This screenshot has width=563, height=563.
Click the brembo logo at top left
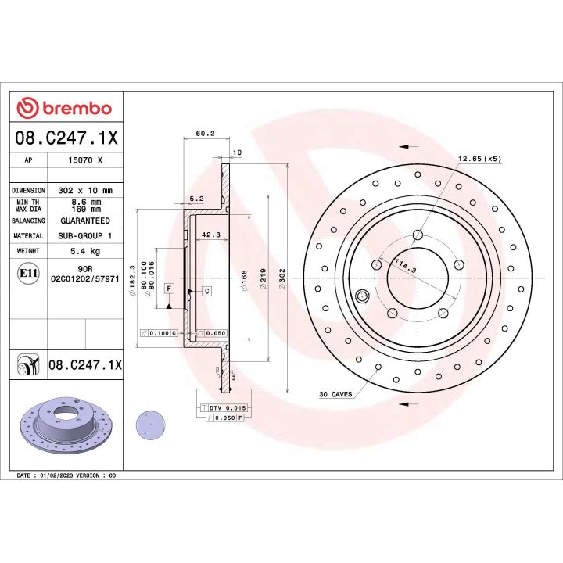pos(65,108)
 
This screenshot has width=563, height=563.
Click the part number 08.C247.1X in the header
pos(66,138)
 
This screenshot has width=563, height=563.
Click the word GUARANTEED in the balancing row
pos(84,221)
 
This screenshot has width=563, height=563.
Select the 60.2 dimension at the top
pos(205,134)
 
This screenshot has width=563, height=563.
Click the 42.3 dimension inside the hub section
pos(210,233)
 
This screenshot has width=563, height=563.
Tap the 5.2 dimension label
pos(196,199)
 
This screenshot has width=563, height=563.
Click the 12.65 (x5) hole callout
pos(479,160)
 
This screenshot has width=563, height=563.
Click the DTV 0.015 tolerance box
pos(227,408)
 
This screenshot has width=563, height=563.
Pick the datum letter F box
pos(169,289)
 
